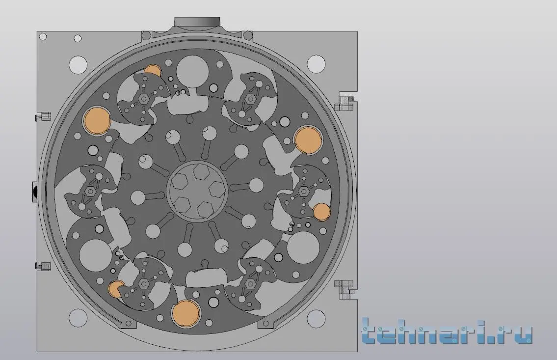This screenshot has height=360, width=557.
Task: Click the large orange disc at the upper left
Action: [x=97, y=120]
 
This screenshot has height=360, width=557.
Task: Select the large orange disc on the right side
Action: [x=308, y=139]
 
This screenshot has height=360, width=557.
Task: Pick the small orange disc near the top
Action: [x=153, y=71]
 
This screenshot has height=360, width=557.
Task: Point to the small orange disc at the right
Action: [x=322, y=212]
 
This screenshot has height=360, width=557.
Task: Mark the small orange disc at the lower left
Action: [x=116, y=289]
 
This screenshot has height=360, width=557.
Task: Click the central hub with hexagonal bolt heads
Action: [x=197, y=191]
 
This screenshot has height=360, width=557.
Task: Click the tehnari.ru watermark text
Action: [x=447, y=332]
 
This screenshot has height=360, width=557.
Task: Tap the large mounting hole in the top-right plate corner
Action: [x=316, y=64]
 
